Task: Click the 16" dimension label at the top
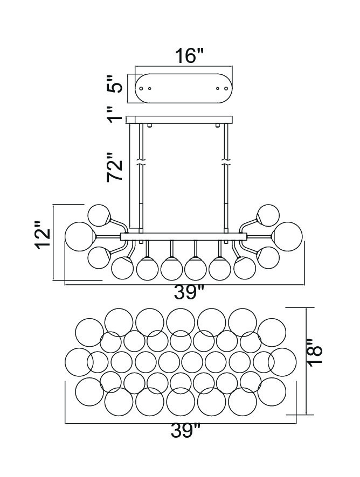tap(189, 56)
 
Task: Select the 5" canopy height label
tap(114, 84)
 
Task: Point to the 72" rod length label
tap(115, 167)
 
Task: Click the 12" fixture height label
tap(43, 235)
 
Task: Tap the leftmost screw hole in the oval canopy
tap(141, 88)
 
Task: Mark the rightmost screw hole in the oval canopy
tap(226, 88)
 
